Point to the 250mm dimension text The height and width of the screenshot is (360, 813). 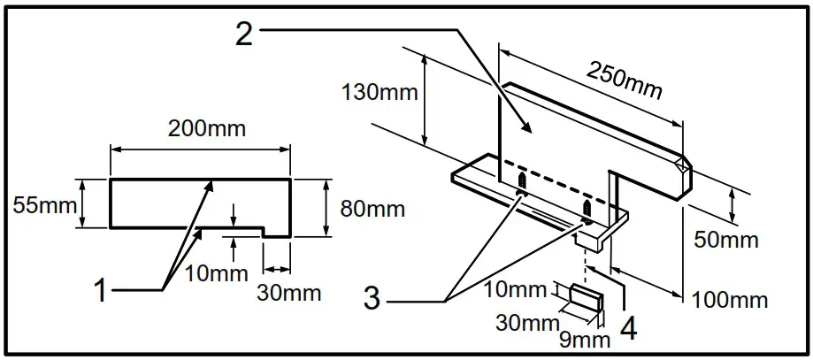point(625,80)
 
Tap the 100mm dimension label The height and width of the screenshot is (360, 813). point(732,301)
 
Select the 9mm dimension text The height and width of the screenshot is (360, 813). point(585,337)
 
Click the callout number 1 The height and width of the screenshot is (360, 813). point(102,290)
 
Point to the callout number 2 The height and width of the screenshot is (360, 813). point(245,33)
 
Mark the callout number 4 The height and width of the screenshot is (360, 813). point(629,328)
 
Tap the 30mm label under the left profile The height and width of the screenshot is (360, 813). point(289,293)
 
